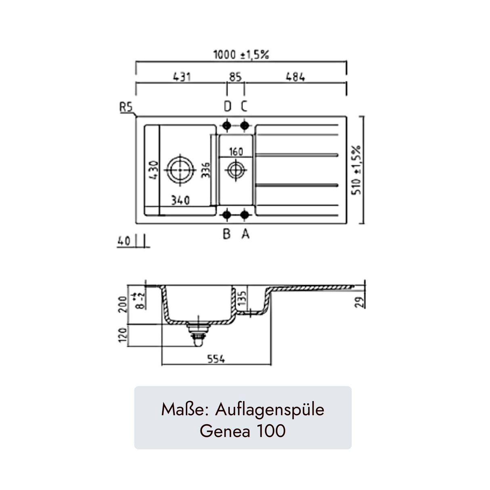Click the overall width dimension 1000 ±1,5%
coord(241,55)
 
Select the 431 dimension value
coord(182,77)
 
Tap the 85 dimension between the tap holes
coord(235,77)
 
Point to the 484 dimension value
coord(295,77)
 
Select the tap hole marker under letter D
coord(227,126)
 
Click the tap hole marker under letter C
coord(244,126)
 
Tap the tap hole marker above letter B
coord(227,215)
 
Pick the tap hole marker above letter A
coord(244,215)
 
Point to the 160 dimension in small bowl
coord(236,152)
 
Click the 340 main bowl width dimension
coord(179,200)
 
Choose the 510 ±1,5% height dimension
coord(356,170)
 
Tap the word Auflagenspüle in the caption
coord(270,410)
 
